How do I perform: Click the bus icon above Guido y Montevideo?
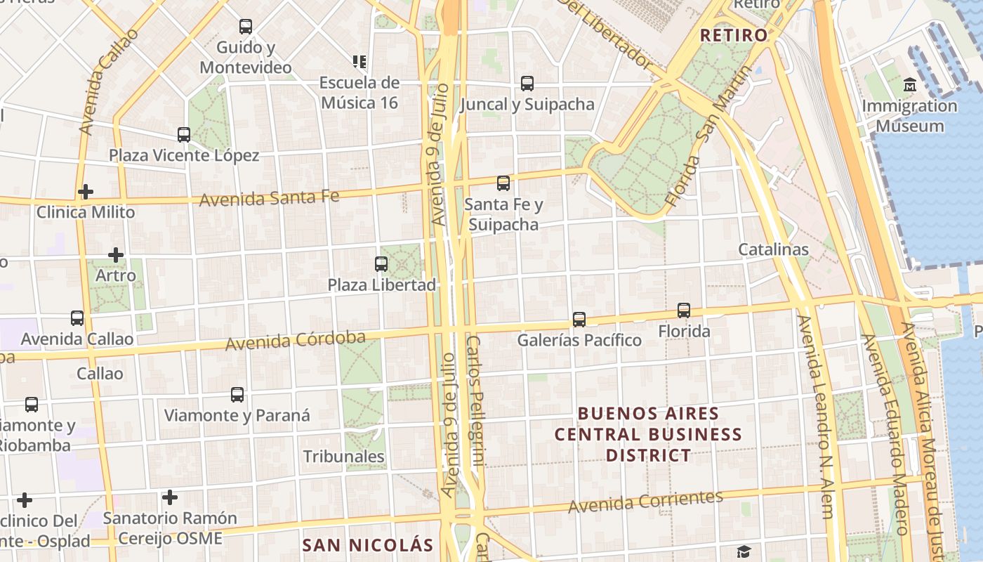[x=245, y=27]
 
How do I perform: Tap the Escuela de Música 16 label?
[x=359, y=92]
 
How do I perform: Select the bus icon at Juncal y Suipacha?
[x=527, y=84]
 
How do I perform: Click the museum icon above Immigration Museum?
[x=910, y=85]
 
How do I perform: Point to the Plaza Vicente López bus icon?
[x=184, y=134]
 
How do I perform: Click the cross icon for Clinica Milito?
[x=86, y=191]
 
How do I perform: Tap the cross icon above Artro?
[x=116, y=254]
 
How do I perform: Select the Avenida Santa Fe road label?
[x=270, y=198]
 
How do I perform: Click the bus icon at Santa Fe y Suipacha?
[x=503, y=183]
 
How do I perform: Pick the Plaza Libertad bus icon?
[x=381, y=264]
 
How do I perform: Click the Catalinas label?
[x=773, y=249]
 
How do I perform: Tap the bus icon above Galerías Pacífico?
[x=579, y=320]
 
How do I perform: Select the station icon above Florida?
[x=684, y=310]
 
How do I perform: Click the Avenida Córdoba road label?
[x=295, y=341]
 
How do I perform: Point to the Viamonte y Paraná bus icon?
[x=237, y=395]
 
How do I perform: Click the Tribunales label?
[x=344, y=457]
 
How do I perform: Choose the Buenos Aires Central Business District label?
[x=648, y=434]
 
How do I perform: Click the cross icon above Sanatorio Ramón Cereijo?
[x=170, y=497]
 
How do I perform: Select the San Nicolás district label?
[x=368, y=544]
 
